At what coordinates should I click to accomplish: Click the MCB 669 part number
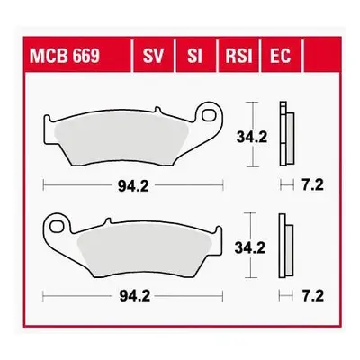65,56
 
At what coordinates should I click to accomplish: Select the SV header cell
153,55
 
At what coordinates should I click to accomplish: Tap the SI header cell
195,55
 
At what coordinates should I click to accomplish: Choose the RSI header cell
238,55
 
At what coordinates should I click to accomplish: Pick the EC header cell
281,55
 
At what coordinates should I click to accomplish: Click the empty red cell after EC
322,55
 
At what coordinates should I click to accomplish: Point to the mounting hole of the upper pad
209,115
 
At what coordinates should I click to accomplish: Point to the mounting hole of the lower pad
57,226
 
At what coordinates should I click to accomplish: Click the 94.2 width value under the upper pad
133,186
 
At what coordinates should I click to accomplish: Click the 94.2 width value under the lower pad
135,297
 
